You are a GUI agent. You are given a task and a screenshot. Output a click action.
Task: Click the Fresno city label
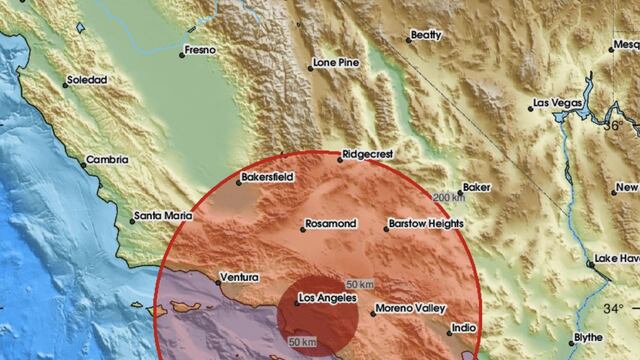(201, 48)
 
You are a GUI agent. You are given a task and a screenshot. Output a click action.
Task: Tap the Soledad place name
(86, 79)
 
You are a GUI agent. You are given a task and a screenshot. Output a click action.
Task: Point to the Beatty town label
(426, 35)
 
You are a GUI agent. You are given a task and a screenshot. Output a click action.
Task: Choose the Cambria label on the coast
(107, 158)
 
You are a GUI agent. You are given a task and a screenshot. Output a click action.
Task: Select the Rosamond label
(330, 223)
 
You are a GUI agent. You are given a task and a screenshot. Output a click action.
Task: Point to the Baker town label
(477, 187)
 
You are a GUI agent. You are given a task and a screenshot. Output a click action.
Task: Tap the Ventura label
(239, 276)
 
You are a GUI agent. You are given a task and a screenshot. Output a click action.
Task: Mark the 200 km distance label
(449, 197)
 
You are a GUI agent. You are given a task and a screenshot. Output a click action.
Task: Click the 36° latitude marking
(613, 126)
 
